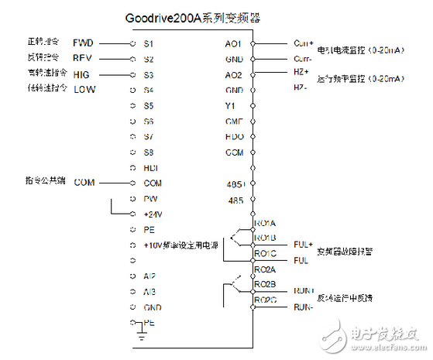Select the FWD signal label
click(83, 43)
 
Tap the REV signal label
click(83, 58)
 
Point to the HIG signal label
click(82, 74)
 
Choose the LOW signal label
click(84, 90)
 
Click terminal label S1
click(149, 43)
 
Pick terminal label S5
click(149, 105)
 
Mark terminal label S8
click(149, 153)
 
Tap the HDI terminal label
click(151, 168)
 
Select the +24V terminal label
click(153, 214)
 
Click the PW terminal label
click(150, 199)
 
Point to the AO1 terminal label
click(233, 43)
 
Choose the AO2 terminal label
click(233, 74)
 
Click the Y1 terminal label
click(230, 105)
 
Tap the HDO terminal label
click(234, 136)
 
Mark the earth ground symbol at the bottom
click(141, 334)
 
